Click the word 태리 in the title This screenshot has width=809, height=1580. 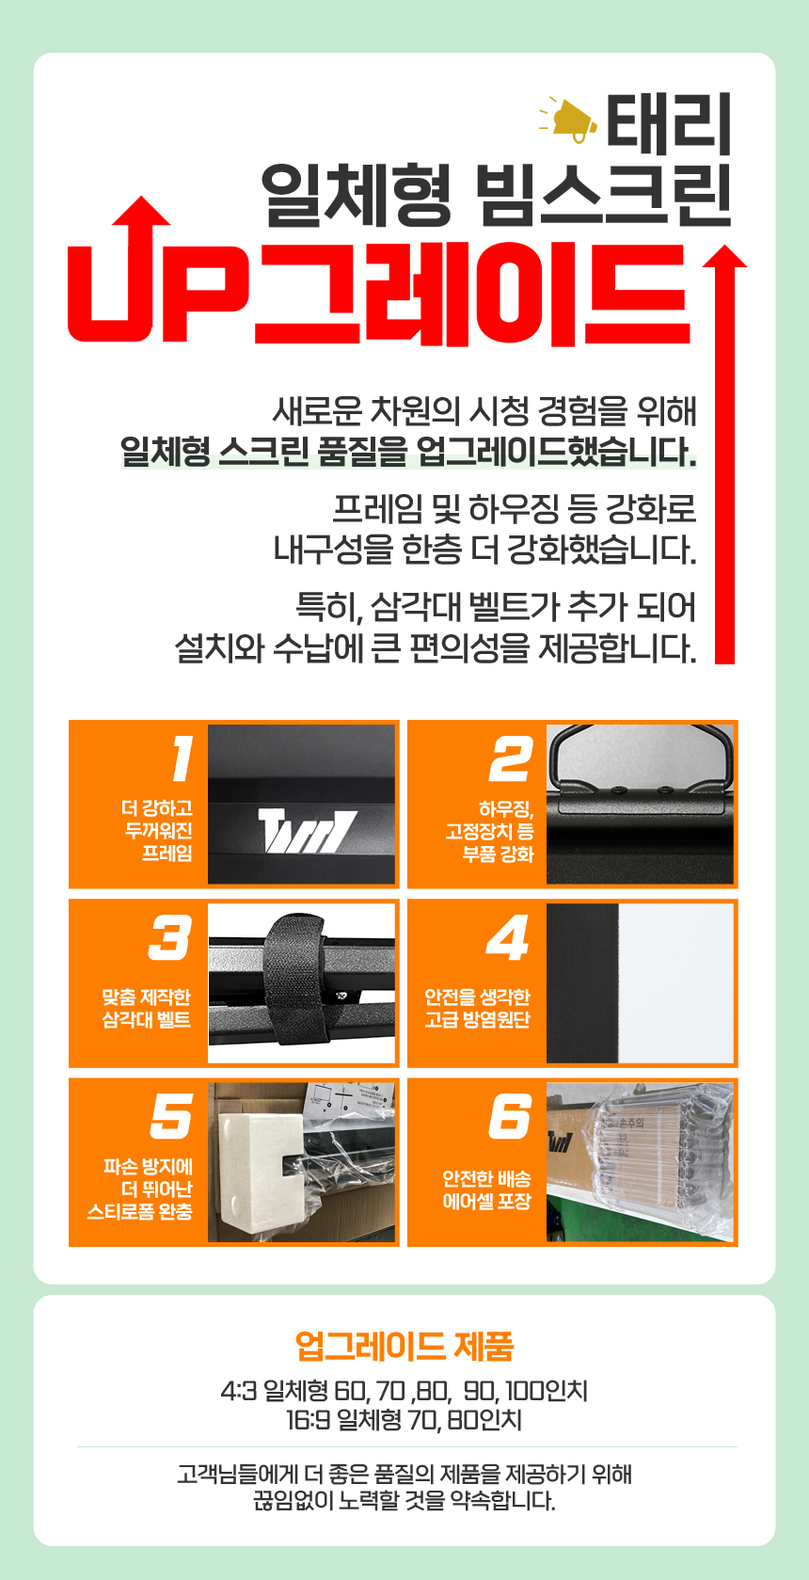click(x=669, y=125)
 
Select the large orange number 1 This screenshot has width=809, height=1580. click(x=182, y=758)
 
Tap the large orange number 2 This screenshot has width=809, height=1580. click(x=512, y=758)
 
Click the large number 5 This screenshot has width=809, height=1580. click(x=171, y=1116)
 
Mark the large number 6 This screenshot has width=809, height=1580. click(x=510, y=1116)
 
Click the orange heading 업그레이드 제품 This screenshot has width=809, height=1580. click(x=404, y=1345)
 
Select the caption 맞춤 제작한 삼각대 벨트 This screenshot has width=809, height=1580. click(x=146, y=1008)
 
